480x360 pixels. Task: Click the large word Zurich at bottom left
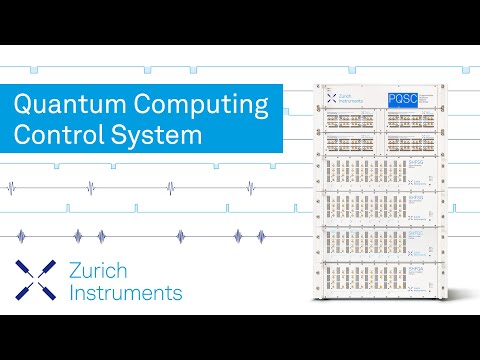(x=104, y=271)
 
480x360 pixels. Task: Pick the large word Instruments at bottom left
(x=126, y=293)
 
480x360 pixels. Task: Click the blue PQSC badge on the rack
(x=402, y=99)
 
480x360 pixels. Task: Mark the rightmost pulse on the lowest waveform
(x=264, y=236)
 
